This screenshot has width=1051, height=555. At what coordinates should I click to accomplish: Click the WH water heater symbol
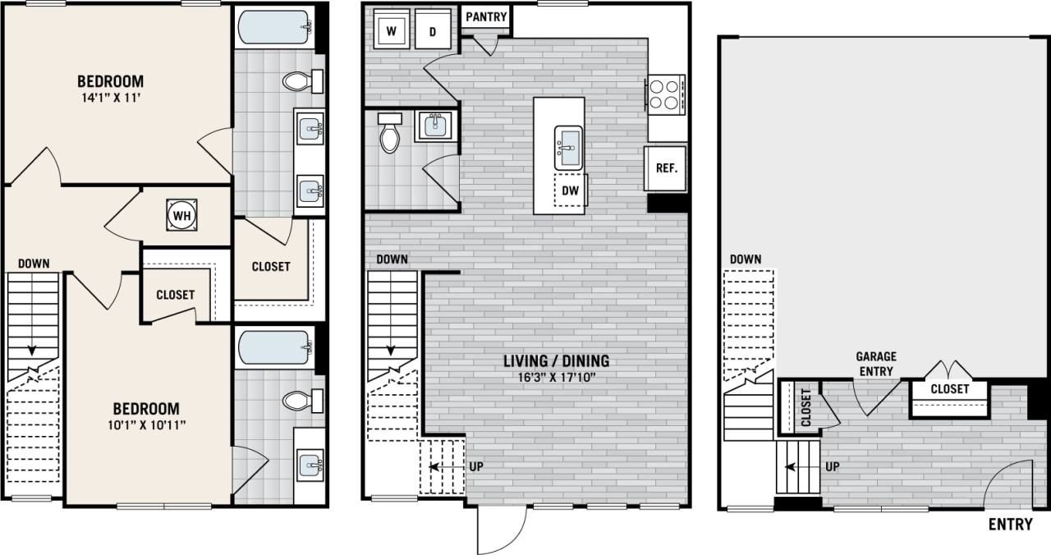tap(182, 215)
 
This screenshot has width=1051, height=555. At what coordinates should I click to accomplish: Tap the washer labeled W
tap(392, 31)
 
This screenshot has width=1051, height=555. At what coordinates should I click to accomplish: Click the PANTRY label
tap(486, 16)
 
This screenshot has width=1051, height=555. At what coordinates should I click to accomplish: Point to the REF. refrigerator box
tap(666, 168)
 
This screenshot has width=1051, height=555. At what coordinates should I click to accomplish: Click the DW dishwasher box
tap(570, 190)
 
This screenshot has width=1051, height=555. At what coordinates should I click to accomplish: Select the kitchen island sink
tap(568, 144)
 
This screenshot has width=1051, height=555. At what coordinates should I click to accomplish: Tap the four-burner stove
tap(665, 92)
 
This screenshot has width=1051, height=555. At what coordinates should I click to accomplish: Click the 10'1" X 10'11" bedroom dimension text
tap(145, 424)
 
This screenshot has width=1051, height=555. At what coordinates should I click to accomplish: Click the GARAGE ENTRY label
tap(875, 364)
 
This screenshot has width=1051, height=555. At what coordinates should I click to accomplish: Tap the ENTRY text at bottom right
tap(1010, 525)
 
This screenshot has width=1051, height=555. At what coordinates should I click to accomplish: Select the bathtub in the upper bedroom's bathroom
tap(274, 28)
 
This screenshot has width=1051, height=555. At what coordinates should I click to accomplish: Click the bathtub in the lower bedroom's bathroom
tap(274, 348)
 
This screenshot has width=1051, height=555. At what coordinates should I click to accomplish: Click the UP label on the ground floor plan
tap(831, 466)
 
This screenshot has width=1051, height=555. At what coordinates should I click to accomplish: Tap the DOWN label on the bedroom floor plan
tap(34, 264)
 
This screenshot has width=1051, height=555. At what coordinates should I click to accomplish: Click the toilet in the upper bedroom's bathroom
tap(297, 80)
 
